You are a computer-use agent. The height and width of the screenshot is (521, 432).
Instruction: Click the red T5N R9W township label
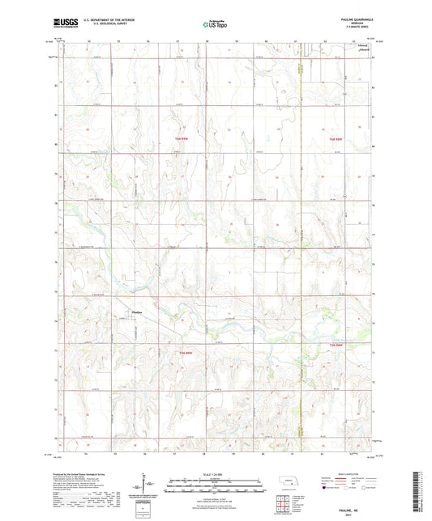point(185,353)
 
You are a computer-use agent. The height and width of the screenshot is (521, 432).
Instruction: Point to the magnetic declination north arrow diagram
point(145,487)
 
